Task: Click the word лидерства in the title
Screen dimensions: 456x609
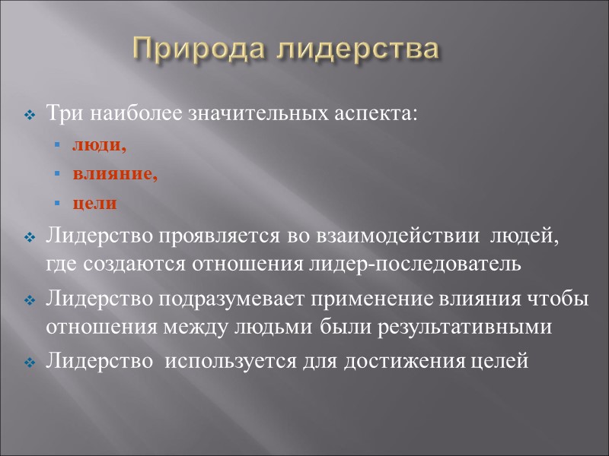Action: click(356, 49)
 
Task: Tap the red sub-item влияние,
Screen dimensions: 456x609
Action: click(115, 175)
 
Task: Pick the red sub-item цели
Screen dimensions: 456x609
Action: click(95, 204)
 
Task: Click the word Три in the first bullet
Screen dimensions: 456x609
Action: click(65, 115)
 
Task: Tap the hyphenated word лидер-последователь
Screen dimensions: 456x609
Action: click(412, 264)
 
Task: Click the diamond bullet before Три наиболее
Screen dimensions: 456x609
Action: click(30, 116)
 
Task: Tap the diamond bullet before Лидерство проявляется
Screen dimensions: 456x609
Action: click(30, 239)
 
